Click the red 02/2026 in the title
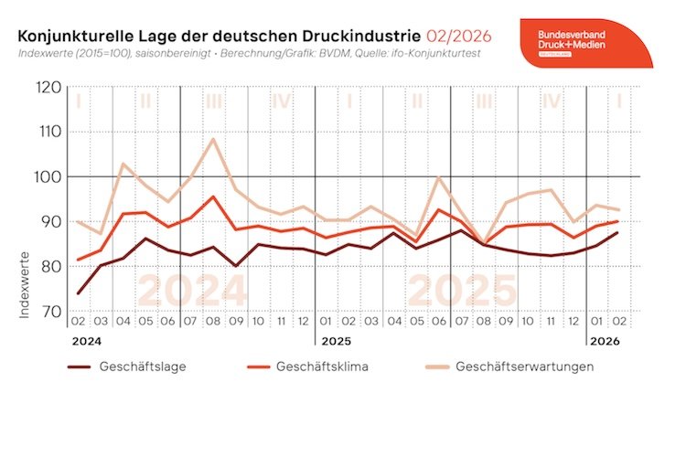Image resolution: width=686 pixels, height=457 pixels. point(458,36)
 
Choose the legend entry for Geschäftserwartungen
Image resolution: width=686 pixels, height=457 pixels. point(526,367)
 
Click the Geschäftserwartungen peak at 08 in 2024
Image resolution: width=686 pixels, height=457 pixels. point(214,139)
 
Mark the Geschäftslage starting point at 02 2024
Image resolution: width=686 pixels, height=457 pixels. point(79,293)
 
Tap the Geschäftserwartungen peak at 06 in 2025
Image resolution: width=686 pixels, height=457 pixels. point(439,177)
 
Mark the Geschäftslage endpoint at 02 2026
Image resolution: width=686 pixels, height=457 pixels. point(619,232)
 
